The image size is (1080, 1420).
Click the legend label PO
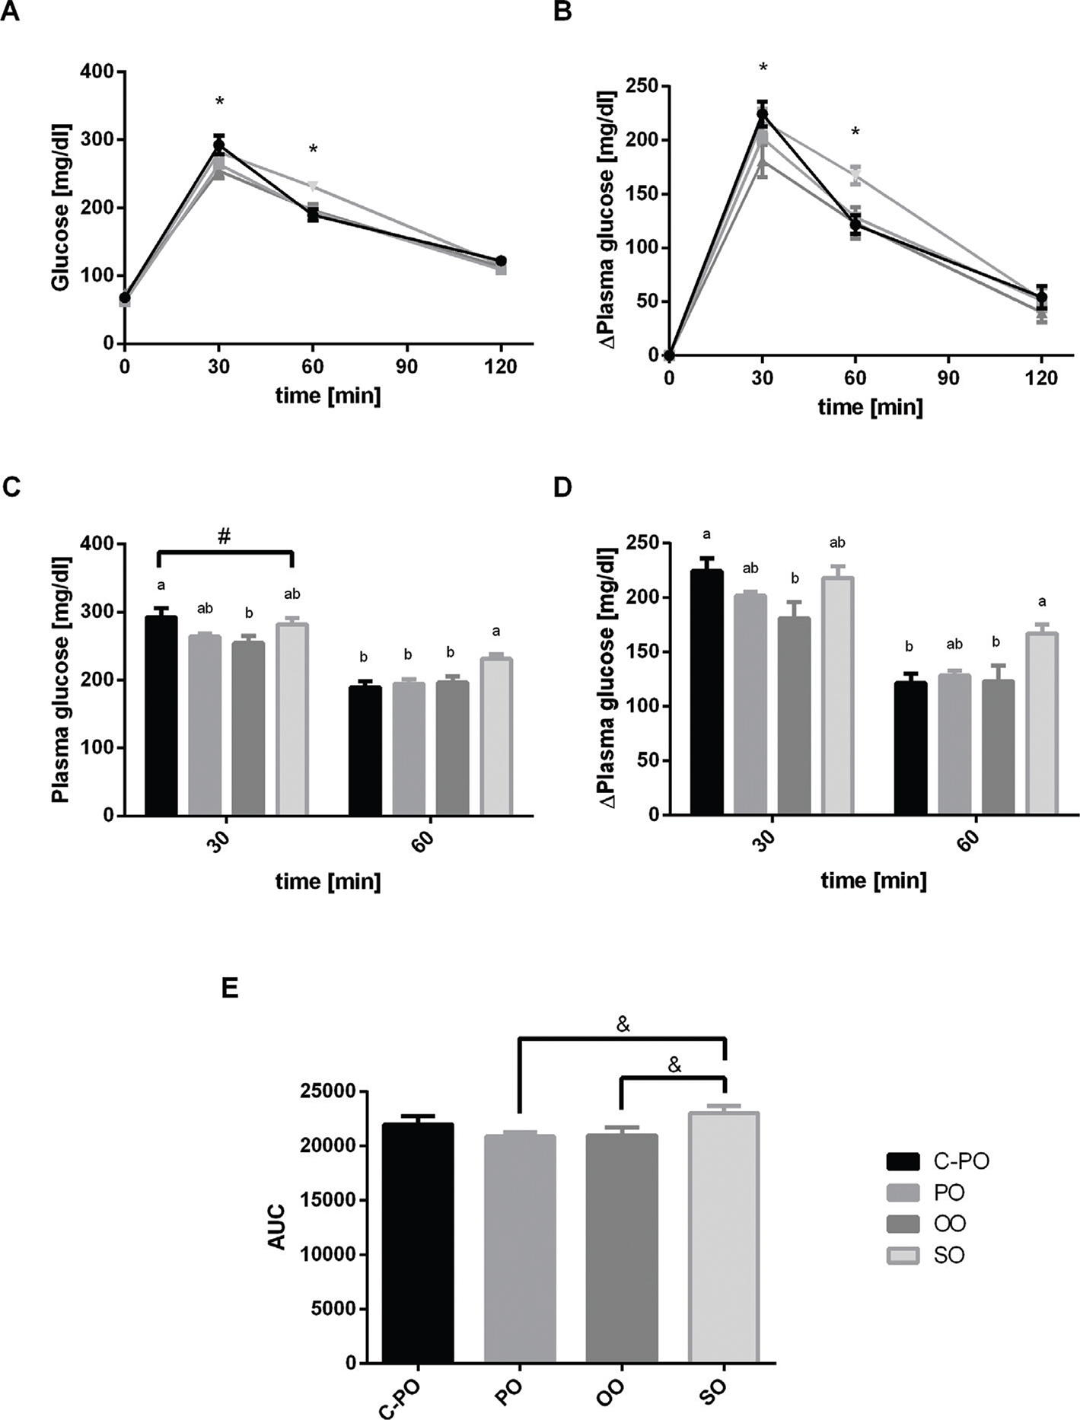pyautogui.click(x=948, y=1192)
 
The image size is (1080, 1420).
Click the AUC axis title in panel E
pyautogui.click(x=277, y=1226)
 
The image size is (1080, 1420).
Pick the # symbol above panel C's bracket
pyautogui.click(x=224, y=536)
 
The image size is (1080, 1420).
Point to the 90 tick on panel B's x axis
pyautogui.click(x=948, y=377)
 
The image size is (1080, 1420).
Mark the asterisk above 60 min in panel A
pyautogui.click(x=313, y=150)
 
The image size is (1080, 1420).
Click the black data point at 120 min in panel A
pyautogui.click(x=501, y=261)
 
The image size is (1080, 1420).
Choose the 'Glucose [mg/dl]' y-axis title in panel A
pyautogui.click(x=60, y=207)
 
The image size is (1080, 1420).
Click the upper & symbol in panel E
pyautogui.click(x=623, y=1025)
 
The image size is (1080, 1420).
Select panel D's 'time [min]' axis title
pyautogui.click(x=874, y=880)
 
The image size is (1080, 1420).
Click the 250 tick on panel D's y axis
pyautogui.click(x=640, y=543)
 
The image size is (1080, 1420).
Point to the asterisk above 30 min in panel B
pyautogui.click(x=763, y=68)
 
